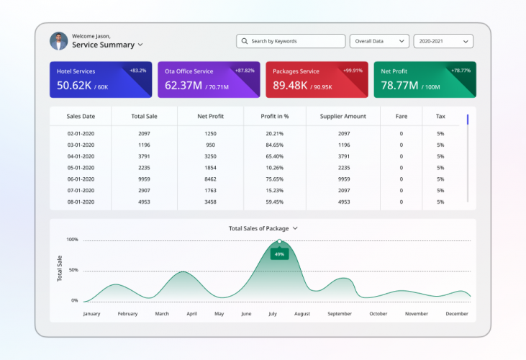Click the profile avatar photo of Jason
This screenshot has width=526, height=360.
58,41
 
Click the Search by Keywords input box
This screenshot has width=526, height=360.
291,42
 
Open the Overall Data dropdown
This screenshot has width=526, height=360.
379,42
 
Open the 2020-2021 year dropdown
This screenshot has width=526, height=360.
443,42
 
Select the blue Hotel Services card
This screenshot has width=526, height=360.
100,79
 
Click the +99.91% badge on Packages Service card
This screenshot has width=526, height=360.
353,71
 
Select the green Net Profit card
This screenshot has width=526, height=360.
425,79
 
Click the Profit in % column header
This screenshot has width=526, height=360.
274,116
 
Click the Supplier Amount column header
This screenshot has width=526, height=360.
343,116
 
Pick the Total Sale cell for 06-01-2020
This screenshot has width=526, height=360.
144,179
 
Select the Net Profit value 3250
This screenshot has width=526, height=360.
210,156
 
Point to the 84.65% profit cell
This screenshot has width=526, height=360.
274,145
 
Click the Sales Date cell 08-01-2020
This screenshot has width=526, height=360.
81,202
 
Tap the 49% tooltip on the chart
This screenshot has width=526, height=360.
279,254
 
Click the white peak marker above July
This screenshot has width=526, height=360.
279,242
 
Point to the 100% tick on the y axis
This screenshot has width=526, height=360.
72,240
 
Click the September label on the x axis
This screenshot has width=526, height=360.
340,314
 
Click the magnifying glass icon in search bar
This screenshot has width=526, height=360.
245,42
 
